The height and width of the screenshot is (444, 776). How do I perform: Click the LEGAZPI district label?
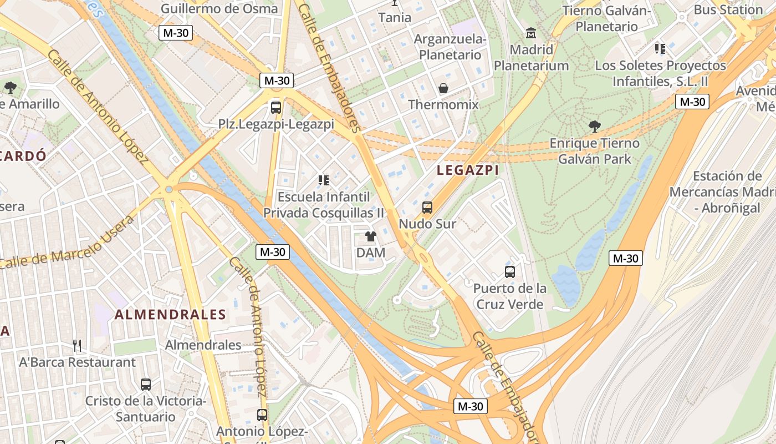(x=468, y=170)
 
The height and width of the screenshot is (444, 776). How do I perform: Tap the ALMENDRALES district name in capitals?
(x=170, y=315)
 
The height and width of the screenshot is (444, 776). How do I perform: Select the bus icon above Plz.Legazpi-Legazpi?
(x=276, y=107)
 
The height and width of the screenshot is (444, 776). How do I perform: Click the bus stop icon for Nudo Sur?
(x=427, y=208)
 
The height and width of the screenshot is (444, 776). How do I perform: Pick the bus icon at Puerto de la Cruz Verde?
(x=510, y=272)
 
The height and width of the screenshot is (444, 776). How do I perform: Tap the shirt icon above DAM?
(x=371, y=236)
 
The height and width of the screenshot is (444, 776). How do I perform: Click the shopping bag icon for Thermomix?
(x=443, y=88)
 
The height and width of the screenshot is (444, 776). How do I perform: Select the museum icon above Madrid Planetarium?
(x=531, y=33)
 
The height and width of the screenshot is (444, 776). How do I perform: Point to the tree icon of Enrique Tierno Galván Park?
(x=595, y=127)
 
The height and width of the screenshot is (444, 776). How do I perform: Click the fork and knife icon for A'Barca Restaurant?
(x=77, y=346)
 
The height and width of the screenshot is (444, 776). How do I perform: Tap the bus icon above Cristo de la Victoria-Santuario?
(x=146, y=384)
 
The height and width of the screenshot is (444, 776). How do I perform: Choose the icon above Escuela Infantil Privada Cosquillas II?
(x=324, y=180)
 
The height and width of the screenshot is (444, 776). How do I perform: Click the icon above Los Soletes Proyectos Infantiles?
(x=660, y=49)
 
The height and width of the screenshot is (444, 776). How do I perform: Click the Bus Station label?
(x=728, y=9)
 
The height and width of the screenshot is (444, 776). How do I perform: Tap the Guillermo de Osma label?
(x=219, y=8)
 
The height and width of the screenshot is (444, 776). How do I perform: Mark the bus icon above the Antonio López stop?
(x=262, y=415)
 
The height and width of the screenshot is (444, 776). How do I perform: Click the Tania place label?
(x=395, y=17)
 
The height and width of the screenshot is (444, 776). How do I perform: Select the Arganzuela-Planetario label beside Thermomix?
(x=450, y=47)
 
